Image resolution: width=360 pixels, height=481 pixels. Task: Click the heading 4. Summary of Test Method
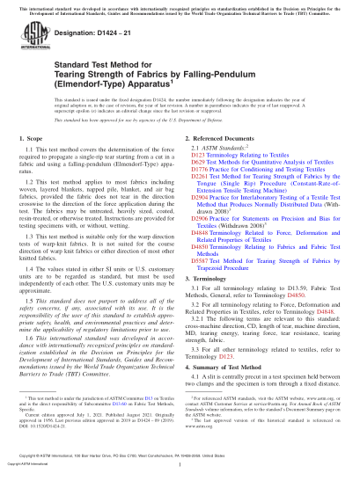227,367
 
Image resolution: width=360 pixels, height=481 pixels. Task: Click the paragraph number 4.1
203,378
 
